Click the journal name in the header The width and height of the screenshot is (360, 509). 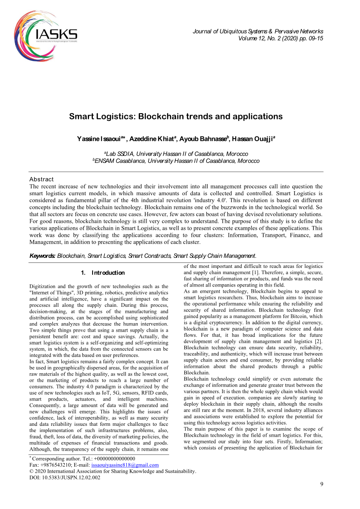tap(258, 31)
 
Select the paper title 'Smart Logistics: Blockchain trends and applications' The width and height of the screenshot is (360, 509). tap(176, 117)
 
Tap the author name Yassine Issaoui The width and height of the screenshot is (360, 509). tap(100, 139)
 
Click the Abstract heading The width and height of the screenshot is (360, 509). tap(42, 179)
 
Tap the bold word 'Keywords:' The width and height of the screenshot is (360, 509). tap(42, 256)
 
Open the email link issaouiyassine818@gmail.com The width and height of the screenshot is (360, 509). tap(125, 465)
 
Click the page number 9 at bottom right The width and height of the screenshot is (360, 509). tap(322, 484)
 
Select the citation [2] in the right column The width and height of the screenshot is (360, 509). tap(319, 341)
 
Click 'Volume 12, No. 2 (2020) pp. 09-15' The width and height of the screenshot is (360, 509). tap(280, 38)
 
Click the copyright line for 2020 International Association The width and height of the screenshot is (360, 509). tap(113, 471)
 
